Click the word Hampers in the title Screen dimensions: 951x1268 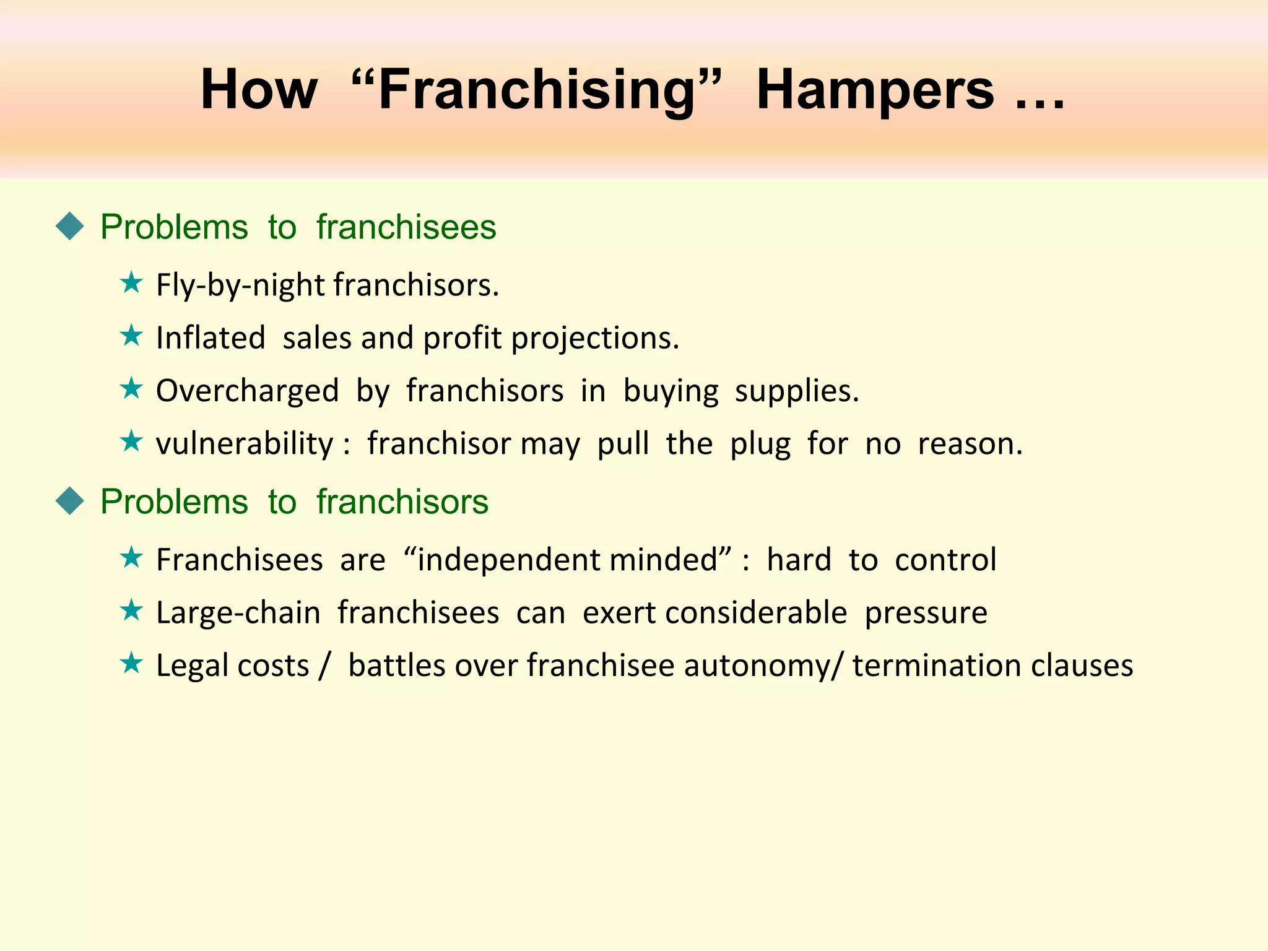875,90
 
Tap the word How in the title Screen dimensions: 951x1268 259,90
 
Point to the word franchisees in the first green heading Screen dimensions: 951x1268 406,227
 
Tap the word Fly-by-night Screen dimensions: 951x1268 241,285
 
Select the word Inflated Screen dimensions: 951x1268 211,338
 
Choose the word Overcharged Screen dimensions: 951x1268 247,391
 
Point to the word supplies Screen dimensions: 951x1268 797,391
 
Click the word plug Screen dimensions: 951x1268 760,445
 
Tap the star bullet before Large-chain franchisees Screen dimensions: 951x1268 131,610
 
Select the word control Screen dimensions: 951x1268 945,560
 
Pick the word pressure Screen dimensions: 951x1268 926,614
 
